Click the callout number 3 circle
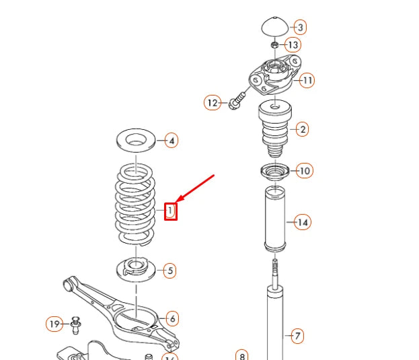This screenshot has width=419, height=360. point(300,28)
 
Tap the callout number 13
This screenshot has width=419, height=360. point(293,45)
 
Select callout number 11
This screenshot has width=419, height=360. point(307,81)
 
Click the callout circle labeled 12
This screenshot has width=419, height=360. point(213,103)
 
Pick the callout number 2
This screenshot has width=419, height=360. point(302,129)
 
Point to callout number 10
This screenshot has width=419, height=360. point(305,171)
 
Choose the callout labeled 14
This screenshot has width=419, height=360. point(303,222)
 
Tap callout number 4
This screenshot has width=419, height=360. point(172,141)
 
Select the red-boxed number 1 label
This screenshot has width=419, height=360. point(171,211)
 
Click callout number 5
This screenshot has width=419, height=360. point(169,271)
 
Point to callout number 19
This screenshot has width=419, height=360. point(55,324)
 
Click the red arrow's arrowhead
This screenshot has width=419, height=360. point(178,201)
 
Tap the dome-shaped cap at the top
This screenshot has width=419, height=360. point(273,27)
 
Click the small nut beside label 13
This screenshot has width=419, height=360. point(274,45)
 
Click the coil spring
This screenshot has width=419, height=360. point(136,203)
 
